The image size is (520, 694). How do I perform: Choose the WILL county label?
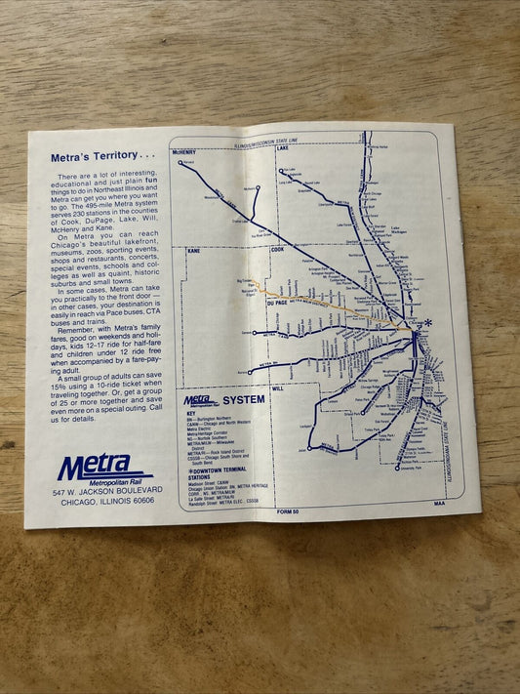[x=278, y=388]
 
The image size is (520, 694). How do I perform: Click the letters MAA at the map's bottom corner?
[x=439, y=505]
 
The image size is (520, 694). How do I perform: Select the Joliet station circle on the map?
[x=311, y=448]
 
